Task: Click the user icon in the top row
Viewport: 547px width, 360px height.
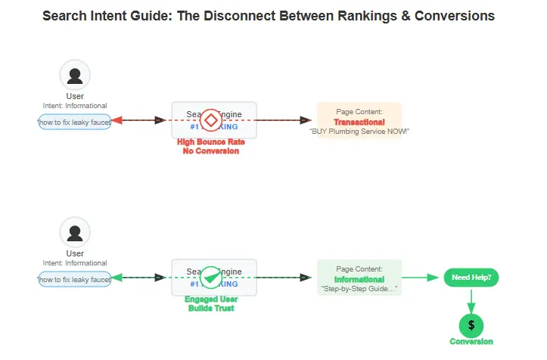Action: pos(75,76)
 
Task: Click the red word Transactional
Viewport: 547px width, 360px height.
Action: pos(359,122)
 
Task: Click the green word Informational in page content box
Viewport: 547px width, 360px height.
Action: pos(359,279)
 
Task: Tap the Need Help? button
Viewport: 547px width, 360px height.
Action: pos(471,278)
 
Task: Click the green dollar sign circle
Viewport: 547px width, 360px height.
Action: pos(471,325)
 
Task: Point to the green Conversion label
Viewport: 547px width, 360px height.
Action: pos(471,342)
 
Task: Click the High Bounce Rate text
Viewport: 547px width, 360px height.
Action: pos(210,142)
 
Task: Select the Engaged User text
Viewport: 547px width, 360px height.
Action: pos(210,299)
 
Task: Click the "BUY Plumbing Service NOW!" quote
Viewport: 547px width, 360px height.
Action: pos(359,132)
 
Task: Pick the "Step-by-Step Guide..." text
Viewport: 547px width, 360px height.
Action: pos(359,289)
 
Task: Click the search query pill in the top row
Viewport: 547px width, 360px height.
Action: pos(75,122)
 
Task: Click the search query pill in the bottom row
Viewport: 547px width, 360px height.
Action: pos(75,279)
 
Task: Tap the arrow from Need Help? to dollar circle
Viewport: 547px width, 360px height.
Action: pos(471,300)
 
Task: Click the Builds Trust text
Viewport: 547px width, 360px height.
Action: pos(210,309)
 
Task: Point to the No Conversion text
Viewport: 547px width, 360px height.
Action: pos(210,151)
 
